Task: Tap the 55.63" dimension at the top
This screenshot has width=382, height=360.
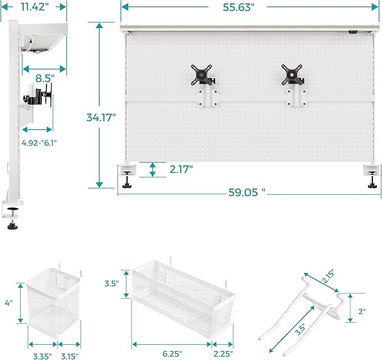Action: point(237,7)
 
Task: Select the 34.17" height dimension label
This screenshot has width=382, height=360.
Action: point(101,117)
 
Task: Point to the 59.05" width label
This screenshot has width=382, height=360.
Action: point(245,192)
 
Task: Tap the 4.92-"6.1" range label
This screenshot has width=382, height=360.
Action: point(39,142)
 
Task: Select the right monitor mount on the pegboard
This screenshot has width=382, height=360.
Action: point(294,83)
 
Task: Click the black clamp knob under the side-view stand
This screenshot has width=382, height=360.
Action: point(12,227)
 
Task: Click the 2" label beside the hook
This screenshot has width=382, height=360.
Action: point(362,311)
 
